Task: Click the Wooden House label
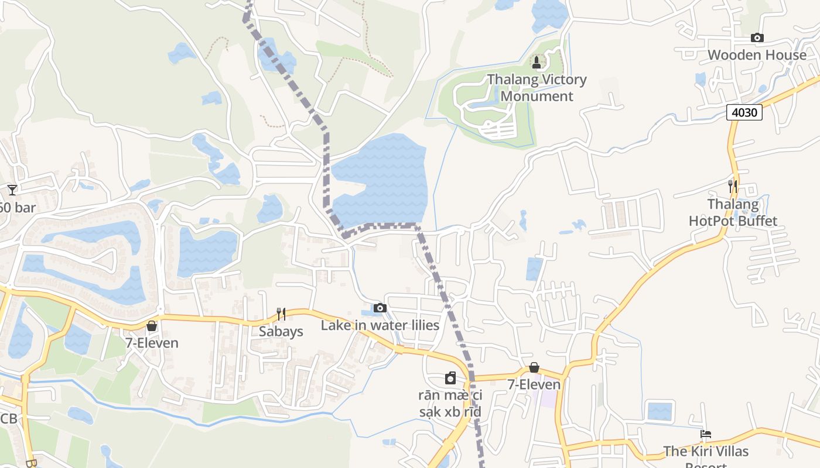757,55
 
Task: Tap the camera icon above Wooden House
757,38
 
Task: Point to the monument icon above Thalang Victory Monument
536,62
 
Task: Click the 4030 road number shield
744,112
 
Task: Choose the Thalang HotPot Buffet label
733,212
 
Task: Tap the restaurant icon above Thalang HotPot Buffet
733,187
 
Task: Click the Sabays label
281,332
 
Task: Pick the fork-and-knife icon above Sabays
281,314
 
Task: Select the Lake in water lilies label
380,325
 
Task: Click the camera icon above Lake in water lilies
380,308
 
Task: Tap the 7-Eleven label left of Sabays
152,343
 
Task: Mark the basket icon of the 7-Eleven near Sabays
152,326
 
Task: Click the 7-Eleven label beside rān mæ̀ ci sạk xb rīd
534,384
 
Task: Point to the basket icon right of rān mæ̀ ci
534,367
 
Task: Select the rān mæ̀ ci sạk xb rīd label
450,403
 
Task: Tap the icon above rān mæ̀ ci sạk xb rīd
450,378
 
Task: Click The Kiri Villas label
706,452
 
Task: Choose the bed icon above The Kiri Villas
706,435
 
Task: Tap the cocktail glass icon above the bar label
12,190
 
